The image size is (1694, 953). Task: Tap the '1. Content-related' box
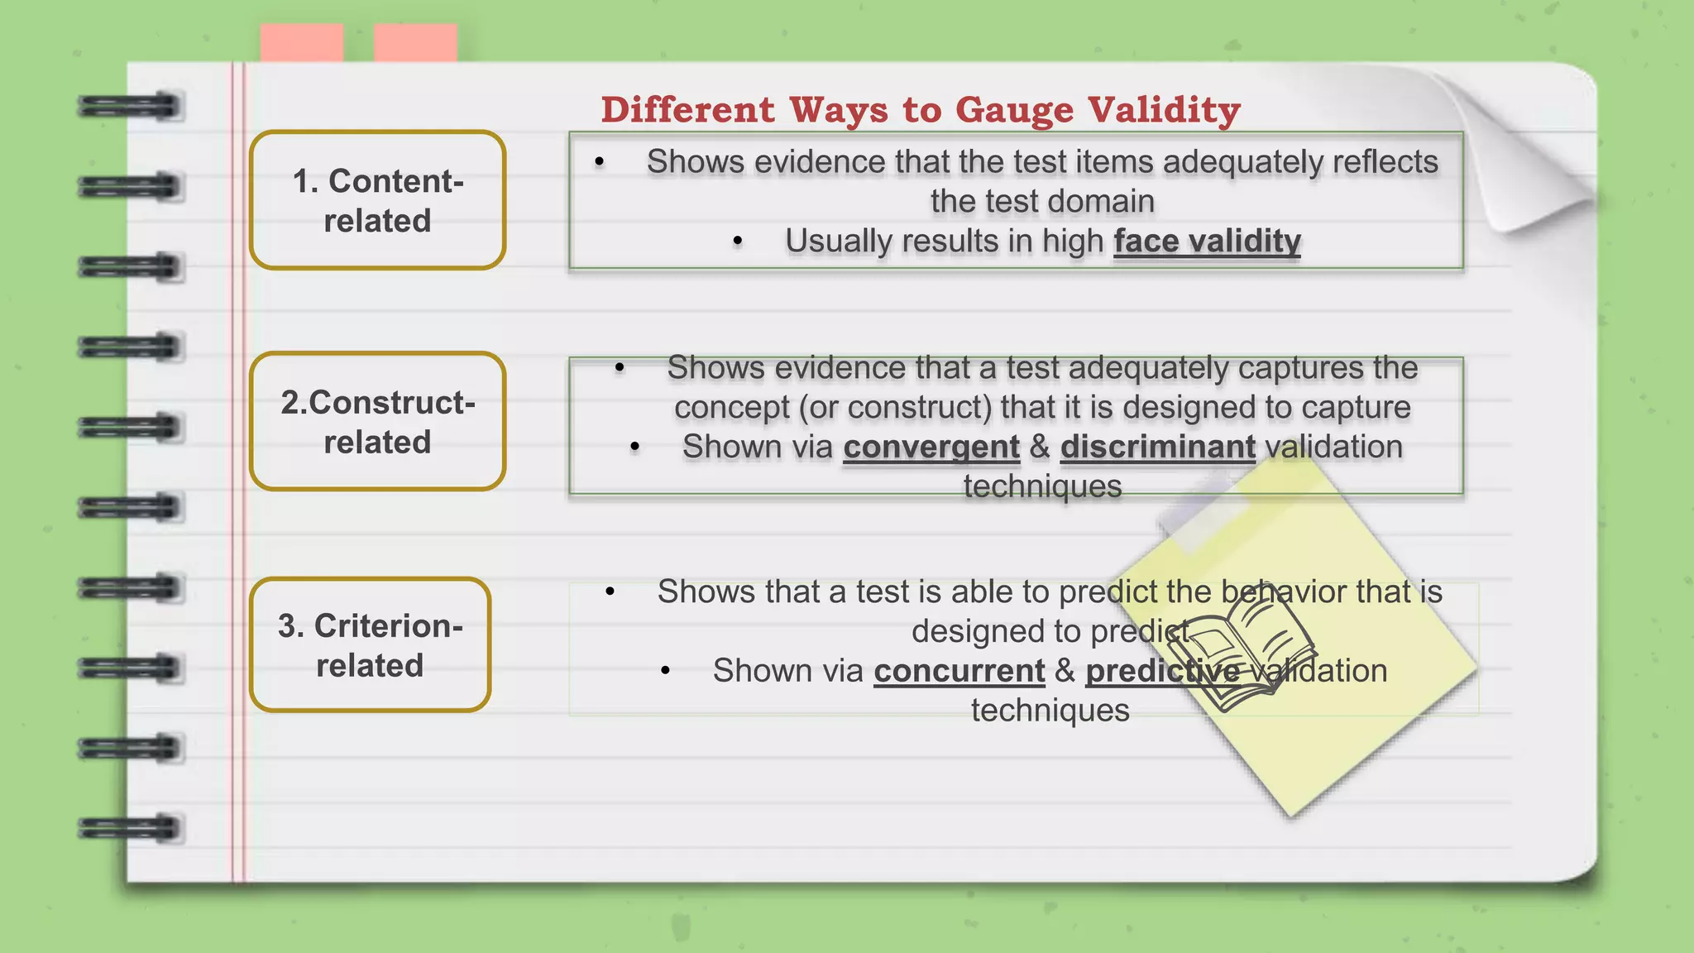tap(377, 200)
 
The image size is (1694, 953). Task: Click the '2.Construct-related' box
tap(377, 421)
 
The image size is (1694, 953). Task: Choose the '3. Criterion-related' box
tap(370, 644)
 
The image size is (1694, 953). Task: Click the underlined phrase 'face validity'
tap(1207, 242)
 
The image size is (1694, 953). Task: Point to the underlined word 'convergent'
tap(931, 447)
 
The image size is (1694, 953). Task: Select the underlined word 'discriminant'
tap(1158, 447)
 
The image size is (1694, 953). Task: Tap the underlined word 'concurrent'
tap(959, 671)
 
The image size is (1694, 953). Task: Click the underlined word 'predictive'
tap(1162, 671)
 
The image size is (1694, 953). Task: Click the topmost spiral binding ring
tap(130, 107)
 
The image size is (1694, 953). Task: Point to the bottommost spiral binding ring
tap(130, 828)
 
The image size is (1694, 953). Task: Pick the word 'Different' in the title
tap(688, 110)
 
